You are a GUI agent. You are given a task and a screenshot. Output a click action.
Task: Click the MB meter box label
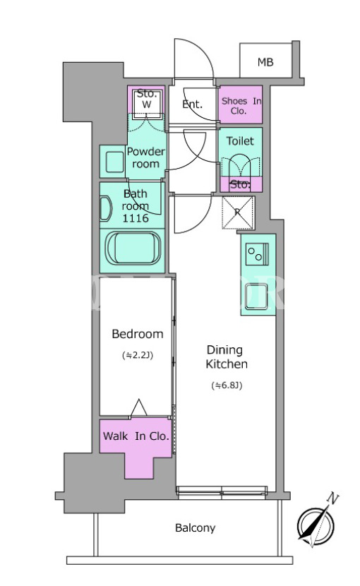[265, 62]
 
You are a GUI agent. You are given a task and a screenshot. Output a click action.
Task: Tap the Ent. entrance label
[192, 104]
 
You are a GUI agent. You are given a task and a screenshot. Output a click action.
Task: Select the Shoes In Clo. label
[241, 106]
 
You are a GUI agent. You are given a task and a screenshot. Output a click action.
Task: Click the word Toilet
[240, 141]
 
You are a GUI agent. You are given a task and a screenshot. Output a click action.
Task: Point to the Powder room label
[146, 157]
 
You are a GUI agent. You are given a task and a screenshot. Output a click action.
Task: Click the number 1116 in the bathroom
[136, 218]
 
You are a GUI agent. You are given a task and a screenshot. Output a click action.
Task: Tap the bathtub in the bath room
[133, 249]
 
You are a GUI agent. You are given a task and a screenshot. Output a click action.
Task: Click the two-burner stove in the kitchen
[257, 254]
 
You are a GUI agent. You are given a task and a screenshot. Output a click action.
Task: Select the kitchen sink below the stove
[256, 297]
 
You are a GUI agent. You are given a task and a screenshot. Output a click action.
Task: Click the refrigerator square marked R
[238, 213]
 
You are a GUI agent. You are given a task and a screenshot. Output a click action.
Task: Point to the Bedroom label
[138, 334]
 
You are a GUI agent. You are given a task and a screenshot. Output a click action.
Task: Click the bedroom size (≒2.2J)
[138, 355]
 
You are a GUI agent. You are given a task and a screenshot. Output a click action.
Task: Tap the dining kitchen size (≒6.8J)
[227, 385]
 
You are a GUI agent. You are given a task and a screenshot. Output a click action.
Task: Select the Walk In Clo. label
[136, 436]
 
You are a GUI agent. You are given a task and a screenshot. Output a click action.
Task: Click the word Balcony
[195, 527]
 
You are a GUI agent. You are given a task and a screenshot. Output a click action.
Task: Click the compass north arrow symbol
[316, 526]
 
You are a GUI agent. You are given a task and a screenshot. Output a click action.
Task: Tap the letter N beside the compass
[332, 498]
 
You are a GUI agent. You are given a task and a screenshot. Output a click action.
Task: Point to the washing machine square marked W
[147, 100]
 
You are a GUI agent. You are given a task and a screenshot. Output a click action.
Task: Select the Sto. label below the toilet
[240, 184]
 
